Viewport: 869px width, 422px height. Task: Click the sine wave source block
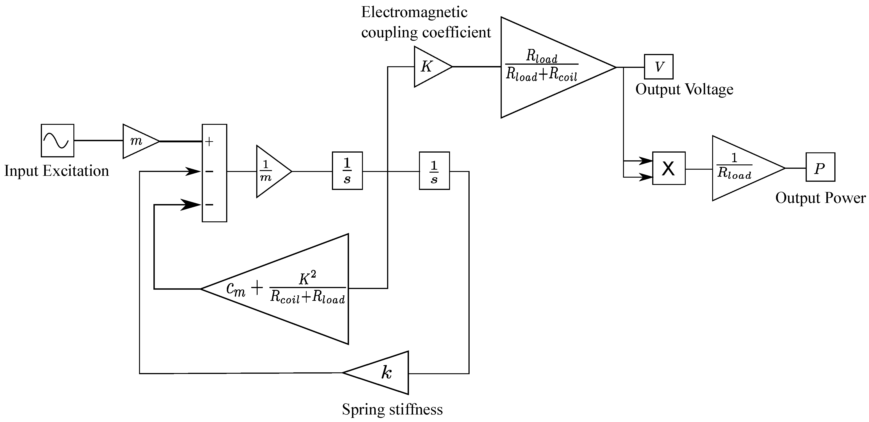coord(57,141)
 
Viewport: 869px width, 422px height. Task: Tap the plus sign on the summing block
coord(209,142)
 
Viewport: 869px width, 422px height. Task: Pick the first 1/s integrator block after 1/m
coord(347,171)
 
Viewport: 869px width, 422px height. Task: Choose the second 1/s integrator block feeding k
coord(434,171)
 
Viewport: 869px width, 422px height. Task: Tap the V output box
coord(659,67)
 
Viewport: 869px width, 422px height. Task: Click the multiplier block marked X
coord(669,168)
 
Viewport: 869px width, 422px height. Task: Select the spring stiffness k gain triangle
coord(385,373)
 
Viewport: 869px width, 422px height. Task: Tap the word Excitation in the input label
coord(76,171)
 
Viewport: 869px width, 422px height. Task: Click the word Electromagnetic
coord(414,13)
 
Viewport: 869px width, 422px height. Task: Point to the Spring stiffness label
coord(392,409)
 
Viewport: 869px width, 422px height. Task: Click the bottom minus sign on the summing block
coord(209,205)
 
